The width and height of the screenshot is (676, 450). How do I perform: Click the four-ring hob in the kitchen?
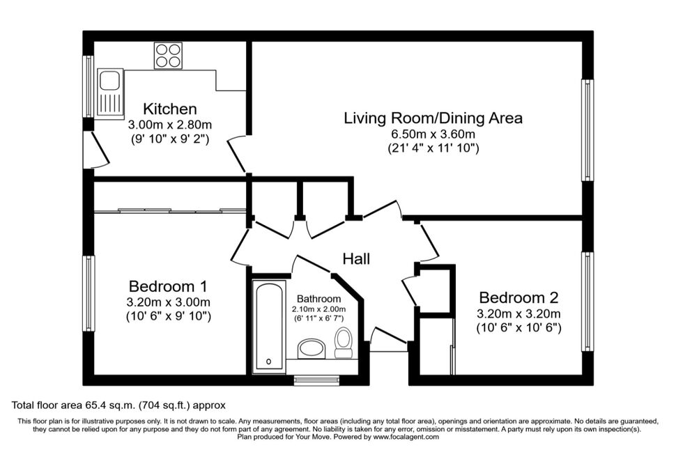click(x=168, y=55)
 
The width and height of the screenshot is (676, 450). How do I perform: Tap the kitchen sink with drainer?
click(x=110, y=92)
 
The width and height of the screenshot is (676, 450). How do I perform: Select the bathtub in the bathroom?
click(x=269, y=327)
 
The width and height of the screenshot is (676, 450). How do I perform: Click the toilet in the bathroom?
click(x=344, y=342)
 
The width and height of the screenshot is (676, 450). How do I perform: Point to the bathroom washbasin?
click(x=312, y=348)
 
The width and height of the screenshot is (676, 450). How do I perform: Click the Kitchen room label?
click(x=170, y=109)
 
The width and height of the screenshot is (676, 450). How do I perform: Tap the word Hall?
click(x=356, y=258)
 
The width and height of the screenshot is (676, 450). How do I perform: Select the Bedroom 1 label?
click(x=168, y=286)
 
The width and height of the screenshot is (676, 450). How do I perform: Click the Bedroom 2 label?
click(x=518, y=297)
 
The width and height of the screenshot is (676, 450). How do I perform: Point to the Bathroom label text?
click(x=319, y=299)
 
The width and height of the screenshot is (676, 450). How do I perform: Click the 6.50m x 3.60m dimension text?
click(x=433, y=134)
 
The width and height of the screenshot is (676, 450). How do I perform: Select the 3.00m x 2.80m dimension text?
click(x=170, y=125)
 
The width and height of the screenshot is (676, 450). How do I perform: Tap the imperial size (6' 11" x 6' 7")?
click(x=319, y=318)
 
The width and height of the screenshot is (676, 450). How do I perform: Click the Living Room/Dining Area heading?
click(x=433, y=118)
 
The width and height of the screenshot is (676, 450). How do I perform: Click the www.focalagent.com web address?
click(x=406, y=437)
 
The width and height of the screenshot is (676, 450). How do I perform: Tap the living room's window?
click(x=587, y=130)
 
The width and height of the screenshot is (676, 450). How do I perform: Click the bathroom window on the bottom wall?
click(x=317, y=380)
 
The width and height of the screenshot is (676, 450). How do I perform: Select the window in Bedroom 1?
click(x=89, y=293)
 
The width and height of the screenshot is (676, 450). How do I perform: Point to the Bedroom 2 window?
click(x=587, y=302)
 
